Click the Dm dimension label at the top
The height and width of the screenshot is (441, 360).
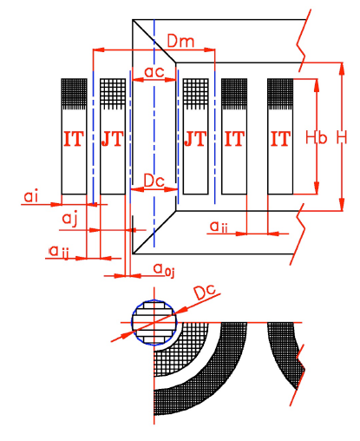[180, 41]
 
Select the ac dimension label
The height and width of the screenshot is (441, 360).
[154, 72]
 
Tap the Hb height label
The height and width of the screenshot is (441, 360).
[317, 137]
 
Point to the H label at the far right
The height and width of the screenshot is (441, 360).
[342, 137]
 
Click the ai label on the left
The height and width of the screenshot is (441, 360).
[31, 196]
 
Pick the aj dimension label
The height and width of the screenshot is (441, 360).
[69, 218]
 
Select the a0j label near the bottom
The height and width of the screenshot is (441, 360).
[164, 270]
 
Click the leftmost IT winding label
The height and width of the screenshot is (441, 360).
[74, 139]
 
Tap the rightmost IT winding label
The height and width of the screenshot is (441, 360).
[280, 139]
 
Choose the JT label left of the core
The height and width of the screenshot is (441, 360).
[113, 139]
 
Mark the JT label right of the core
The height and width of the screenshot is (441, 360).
[196, 139]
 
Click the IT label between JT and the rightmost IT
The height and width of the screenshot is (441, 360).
[234, 139]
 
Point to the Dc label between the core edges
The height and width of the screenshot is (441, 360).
[154, 181]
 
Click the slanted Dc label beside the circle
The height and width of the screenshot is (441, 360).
[205, 292]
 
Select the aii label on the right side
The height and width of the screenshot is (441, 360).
[219, 227]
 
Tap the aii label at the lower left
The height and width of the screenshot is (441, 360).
[59, 251]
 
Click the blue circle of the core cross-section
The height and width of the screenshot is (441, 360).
[132, 322]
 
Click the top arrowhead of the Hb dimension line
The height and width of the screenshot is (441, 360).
[317, 85]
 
